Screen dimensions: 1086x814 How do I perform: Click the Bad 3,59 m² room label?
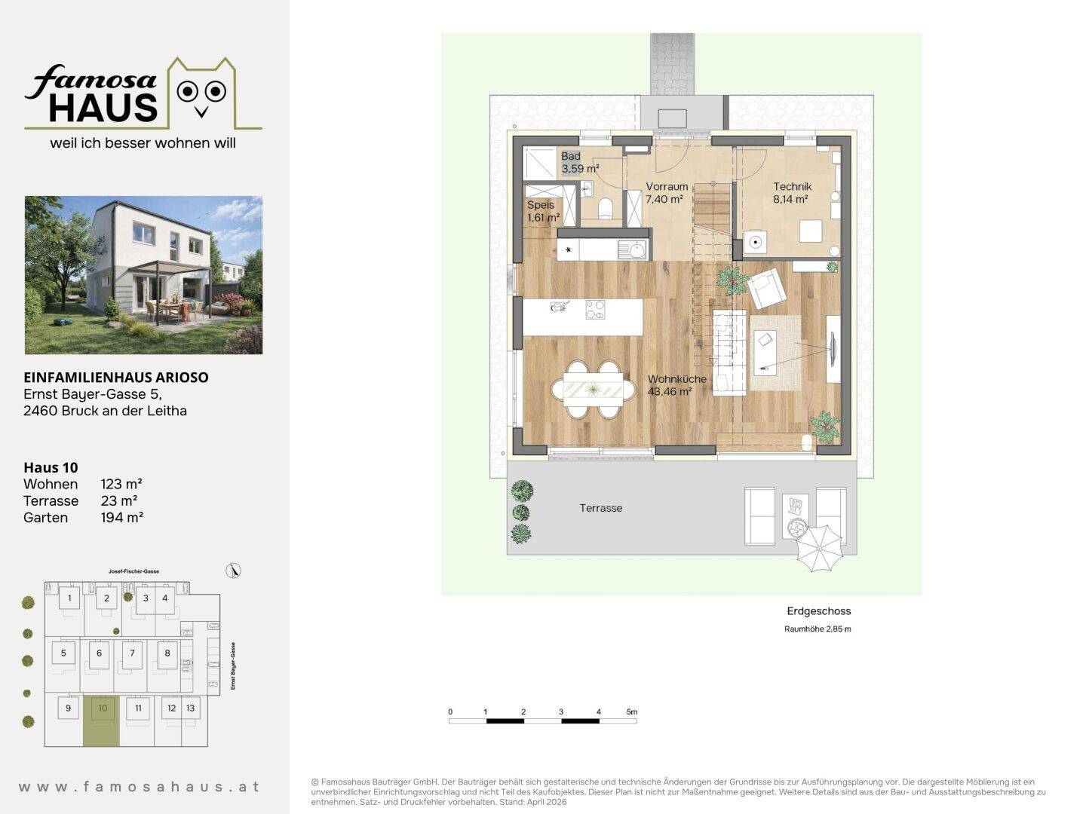580,163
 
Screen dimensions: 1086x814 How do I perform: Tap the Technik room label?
792,193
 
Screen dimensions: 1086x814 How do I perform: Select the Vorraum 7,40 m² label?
667,193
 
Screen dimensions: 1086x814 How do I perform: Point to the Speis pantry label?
543,211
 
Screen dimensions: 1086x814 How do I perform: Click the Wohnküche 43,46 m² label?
676,385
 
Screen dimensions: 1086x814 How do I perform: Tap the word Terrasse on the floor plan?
600,508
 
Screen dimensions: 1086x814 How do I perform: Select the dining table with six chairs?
593,390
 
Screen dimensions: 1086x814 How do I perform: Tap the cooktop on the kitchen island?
595,310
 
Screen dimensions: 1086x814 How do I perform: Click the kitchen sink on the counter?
632,249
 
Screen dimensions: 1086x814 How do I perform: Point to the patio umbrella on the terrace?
819,548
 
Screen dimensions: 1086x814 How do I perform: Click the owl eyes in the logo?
201,91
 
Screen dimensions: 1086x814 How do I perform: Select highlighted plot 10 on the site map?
101,721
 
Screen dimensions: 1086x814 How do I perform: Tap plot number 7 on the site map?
132,653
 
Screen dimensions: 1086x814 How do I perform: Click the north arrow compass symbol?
234,571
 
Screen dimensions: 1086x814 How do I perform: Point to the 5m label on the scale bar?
632,711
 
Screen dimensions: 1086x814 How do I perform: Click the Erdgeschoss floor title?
819,610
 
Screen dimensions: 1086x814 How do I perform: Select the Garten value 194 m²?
121,518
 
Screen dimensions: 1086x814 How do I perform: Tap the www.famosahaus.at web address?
139,786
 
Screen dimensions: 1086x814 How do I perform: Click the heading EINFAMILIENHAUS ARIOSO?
116,377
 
